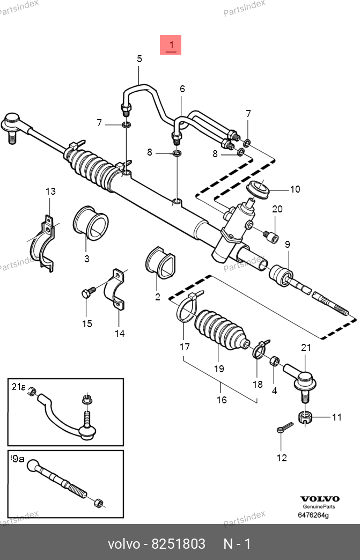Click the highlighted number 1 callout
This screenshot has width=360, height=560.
click(x=171, y=45)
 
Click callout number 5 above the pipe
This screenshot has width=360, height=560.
click(x=139, y=59)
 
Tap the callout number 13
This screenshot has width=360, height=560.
click(x=50, y=191)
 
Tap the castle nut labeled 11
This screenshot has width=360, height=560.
click(x=305, y=417)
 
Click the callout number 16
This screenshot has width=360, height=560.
click(x=222, y=400)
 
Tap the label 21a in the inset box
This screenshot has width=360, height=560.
click(x=19, y=386)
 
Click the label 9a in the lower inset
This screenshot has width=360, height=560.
click(x=18, y=459)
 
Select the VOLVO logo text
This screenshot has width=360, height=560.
click(x=319, y=498)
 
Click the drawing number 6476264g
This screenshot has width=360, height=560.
click(x=313, y=516)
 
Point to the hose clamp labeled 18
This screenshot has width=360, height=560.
click(x=259, y=350)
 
